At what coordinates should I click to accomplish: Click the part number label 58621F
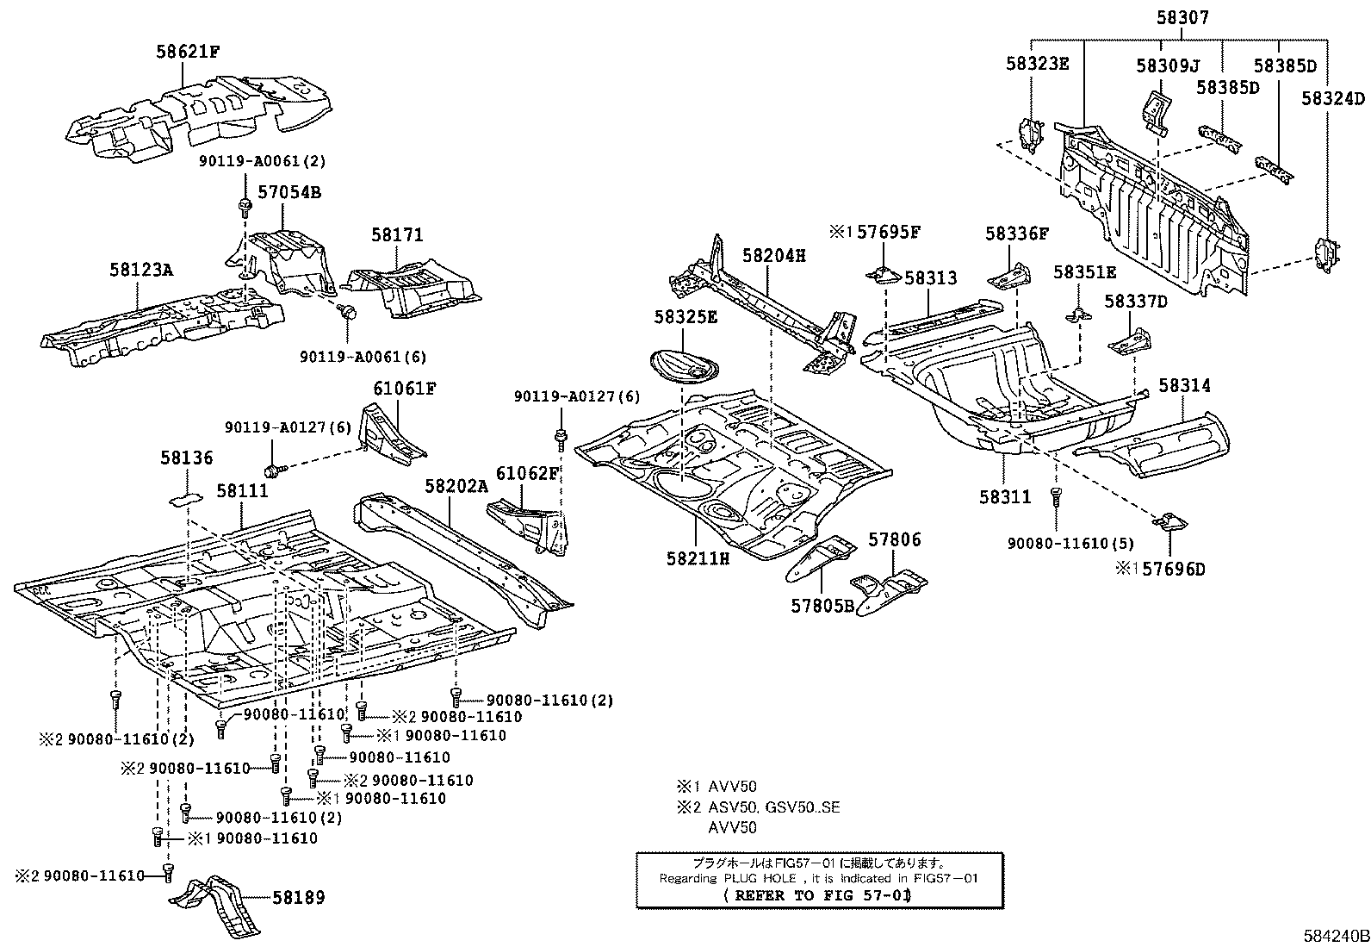(x=188, y=52)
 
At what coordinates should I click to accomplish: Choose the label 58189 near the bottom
(x=299, y=898)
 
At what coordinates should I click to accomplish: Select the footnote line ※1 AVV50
(x=717, y=787)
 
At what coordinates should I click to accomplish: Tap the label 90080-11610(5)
(x=1070, y=544)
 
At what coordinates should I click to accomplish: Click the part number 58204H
(x=774, y=256)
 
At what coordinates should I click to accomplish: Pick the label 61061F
(x=404, y=389)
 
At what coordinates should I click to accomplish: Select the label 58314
(x=1184, y=386)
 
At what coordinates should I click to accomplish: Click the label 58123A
(x=141, y=270)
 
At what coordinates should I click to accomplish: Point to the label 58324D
(x=1333, y=98)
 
